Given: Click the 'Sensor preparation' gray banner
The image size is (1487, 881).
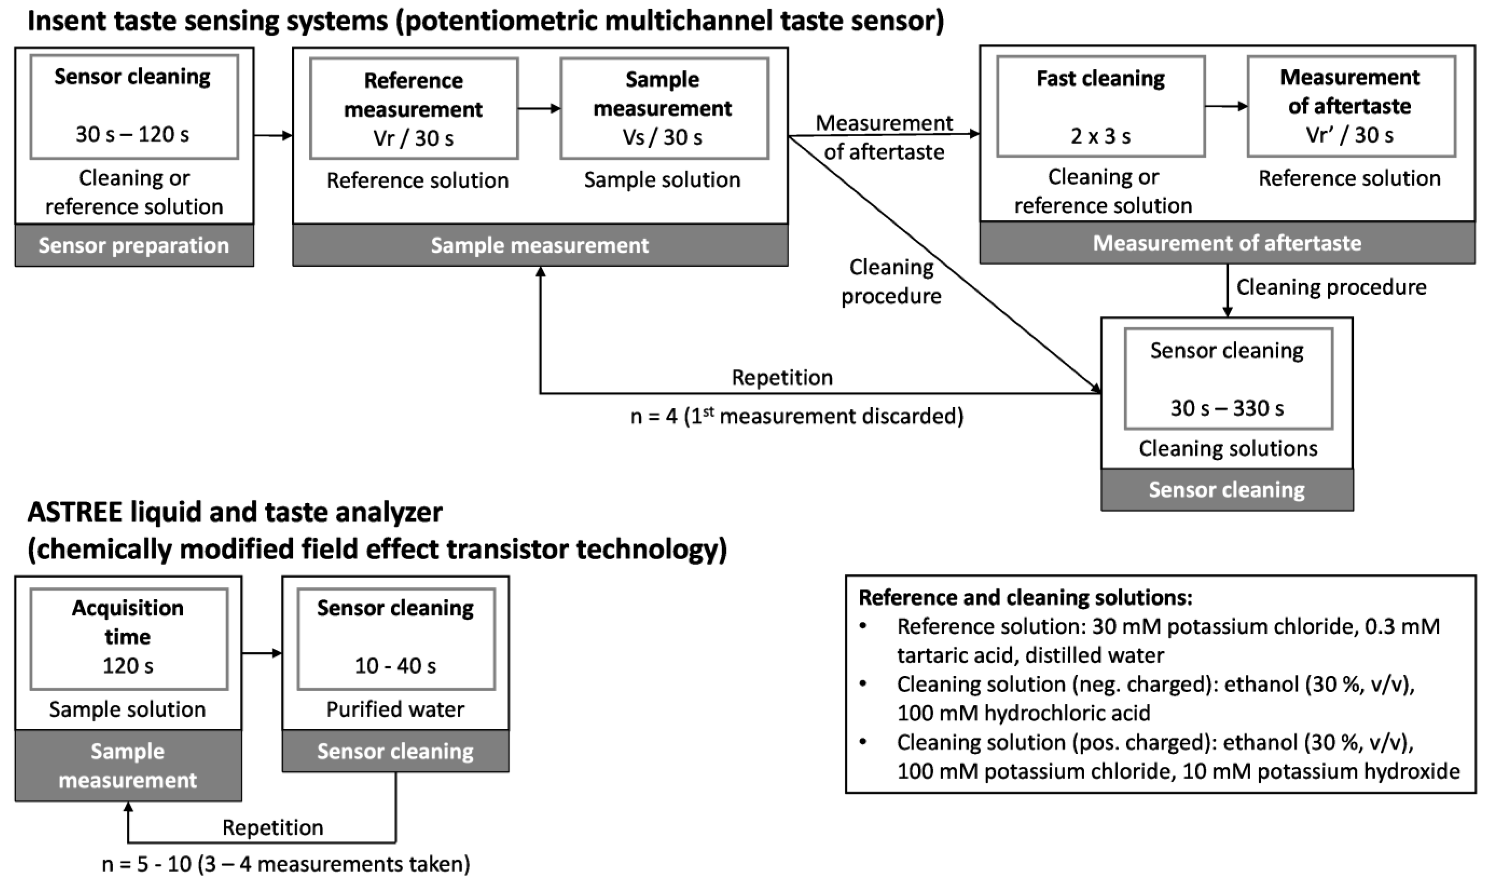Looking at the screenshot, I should click(134, 245).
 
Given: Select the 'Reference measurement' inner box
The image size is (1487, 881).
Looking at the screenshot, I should click(414, 108).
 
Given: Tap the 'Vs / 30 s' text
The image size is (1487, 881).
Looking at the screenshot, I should click(662, 138).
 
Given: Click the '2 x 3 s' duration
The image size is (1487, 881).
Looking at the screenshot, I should click(1101, 136).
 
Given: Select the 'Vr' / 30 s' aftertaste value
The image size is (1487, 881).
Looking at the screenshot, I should click(1350, 135).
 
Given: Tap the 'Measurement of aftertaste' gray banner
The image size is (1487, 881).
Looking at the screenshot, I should click(1227, 243).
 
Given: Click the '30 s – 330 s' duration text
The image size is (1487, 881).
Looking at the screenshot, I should click(1227, 408).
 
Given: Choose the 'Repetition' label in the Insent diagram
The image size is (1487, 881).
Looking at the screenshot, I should click(782, 377).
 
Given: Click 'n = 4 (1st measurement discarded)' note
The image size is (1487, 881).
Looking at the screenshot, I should click(796, 416).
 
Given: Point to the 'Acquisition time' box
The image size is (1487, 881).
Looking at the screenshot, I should click(128, 639).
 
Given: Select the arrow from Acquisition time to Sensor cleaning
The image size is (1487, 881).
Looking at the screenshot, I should click(262, 653).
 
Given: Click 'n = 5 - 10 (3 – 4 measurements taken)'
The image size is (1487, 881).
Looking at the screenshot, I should click(286, 864).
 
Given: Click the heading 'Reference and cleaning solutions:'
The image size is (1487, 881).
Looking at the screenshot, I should click(1025, 597).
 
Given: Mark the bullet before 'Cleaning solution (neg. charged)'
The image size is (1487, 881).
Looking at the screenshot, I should click(863, 684).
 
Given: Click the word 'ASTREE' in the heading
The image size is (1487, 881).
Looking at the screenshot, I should click(75, 512).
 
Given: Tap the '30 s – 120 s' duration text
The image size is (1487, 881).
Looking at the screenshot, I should click(132, 135).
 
